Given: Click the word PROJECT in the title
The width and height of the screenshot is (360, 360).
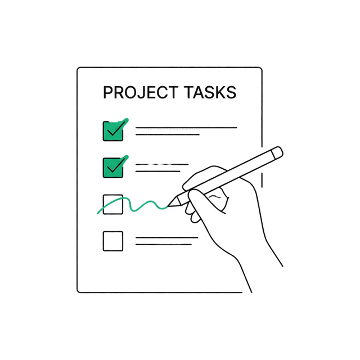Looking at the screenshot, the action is (141, 92).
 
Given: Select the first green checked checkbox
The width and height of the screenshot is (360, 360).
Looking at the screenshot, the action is (113, 131).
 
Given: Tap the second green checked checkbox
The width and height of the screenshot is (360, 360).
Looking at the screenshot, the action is (113, 168).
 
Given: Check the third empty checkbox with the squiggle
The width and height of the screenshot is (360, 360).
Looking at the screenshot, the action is (113, 204).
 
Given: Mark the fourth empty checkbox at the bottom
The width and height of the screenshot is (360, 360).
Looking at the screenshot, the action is (113, 241).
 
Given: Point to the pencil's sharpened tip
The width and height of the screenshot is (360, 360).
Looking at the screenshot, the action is (168, 206).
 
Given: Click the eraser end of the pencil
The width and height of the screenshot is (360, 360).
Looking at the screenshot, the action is (277, 152).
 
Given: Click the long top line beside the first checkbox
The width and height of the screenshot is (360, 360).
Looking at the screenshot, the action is (186, 128).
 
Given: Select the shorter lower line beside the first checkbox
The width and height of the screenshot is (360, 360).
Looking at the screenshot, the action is (168, 134).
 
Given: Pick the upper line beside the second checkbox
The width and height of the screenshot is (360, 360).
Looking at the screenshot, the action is (162, 164).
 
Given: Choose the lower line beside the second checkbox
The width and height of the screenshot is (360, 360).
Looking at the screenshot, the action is (157, 171).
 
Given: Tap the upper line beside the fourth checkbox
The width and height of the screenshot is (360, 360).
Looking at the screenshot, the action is (166, 237).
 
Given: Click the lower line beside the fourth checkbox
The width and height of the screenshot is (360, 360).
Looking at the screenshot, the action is (164, 245).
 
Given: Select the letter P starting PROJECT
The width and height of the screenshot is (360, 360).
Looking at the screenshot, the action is (107, 92).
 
